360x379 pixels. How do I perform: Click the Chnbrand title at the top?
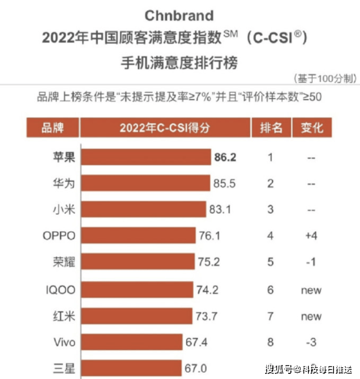pyautogui.click(x=179, y=15)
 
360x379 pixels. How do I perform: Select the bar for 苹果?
pyautogui.click(x=145, y=157)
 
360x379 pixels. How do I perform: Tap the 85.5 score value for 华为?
pyautogui.click(x=223, y=184)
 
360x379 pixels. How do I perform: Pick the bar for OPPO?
pyautogui.click(x=138, y=236)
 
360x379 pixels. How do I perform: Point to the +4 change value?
pyautogui.click(x=311, y=236)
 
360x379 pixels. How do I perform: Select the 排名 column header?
pyautogui.click(x=271, y=128)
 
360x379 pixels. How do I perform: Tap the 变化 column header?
pyautogui.click(x=312, y=128)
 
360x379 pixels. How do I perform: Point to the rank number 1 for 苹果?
pyautogui.click(x=270, y=157)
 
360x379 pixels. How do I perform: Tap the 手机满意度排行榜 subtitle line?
pyautogui.click(x=179, y=62)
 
